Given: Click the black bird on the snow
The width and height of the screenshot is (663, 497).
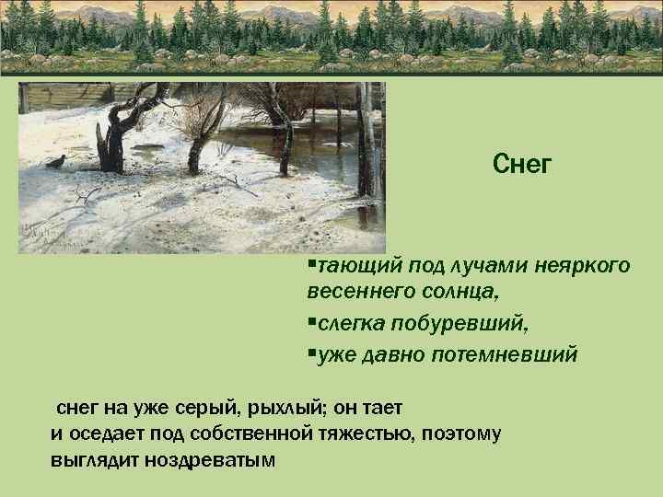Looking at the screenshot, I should coord(58,163).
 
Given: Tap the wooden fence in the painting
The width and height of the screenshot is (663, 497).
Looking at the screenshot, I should coord(64,97).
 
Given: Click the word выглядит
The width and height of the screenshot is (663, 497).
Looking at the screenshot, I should coord(93,459).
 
